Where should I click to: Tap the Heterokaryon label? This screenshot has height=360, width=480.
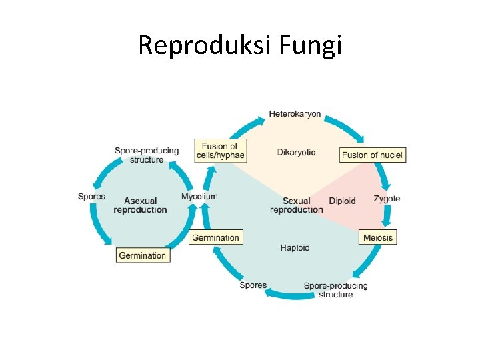click(x=295, y=114)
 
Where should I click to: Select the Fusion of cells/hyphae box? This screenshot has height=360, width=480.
click(x=220, y=151)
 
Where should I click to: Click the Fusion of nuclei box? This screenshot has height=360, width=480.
click(x=372, y=155)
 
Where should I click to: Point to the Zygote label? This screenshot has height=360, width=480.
click(x=387, y=199)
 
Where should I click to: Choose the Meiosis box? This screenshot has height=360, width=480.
click(x=378, y=237)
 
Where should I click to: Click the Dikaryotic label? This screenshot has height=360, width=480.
click(x=296, y=153)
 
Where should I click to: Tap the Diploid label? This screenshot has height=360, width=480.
click(x=342, y=201)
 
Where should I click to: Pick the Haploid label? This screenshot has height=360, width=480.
click(x=295, y=248)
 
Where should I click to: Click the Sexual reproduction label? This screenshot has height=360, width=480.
click(x=296, y=205)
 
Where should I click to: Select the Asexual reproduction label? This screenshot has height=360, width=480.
click(x=140, y=205)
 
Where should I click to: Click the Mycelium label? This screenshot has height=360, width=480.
click(x=199, y=197)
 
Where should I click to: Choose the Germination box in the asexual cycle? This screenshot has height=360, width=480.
click(x=142, y=255)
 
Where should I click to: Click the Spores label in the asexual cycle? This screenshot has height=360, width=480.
click(x=91, y=197)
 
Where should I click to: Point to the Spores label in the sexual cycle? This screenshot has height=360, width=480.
click(x=253, y=285)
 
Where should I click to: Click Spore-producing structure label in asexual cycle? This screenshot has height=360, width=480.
click(x=147, y=155)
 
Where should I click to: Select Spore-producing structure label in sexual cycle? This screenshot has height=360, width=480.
click(x=335, y=290)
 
